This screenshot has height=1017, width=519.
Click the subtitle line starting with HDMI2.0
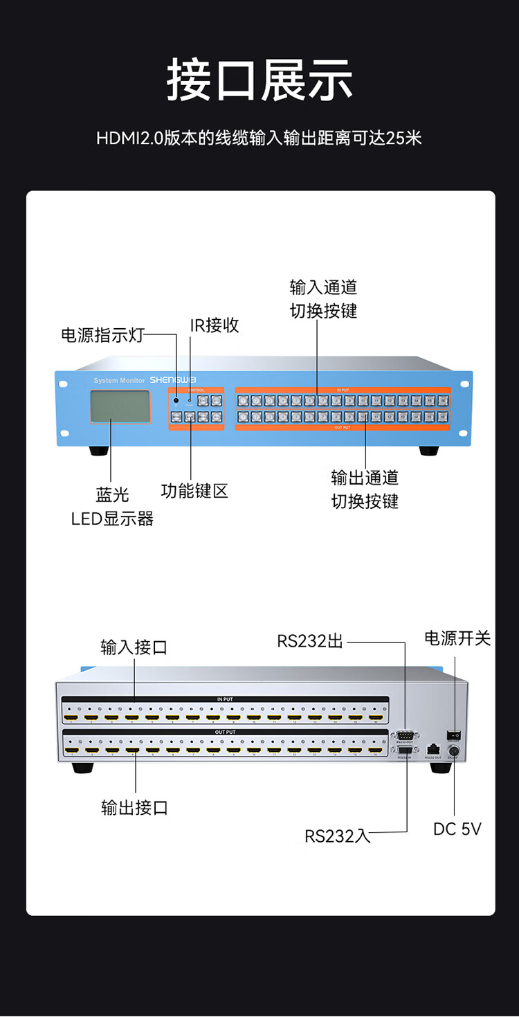[259, 138]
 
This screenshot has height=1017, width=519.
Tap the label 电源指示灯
[102, 336]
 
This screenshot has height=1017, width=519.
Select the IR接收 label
[215, 325]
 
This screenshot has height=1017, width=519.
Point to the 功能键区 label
[194, 491]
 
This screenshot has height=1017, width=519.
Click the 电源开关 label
[457, 638]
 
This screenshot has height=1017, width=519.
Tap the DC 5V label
[457, 829]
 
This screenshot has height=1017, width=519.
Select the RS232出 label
[310, 641]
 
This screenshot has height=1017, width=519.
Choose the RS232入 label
[338, 836]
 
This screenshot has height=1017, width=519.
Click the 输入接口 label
[134, 647]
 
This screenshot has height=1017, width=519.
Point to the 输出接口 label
[134, 807]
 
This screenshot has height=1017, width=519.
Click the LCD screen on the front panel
[120, 406]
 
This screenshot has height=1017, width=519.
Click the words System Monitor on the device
[119, 381]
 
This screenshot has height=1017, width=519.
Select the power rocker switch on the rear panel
[454, 734]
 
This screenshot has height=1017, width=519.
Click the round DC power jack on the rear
[454, 750]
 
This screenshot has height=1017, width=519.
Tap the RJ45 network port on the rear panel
[433, 749]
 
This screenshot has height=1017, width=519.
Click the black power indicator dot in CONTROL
[176, 400]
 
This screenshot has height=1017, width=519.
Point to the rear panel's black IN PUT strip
[225, 699]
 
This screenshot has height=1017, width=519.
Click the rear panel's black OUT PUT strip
[225, 732]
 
